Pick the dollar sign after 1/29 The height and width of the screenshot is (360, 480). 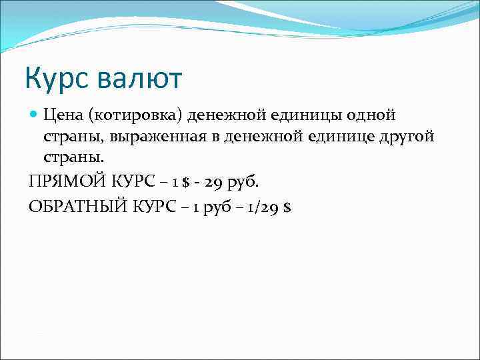(287, 207)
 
